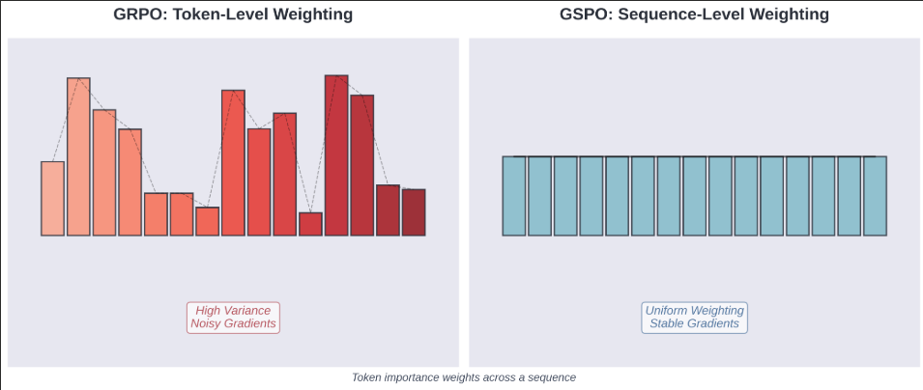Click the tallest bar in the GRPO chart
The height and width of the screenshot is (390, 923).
point(336,154)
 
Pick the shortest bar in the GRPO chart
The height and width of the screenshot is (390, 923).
point(310,224)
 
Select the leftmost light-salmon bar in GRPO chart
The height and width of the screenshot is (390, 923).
point(52,198)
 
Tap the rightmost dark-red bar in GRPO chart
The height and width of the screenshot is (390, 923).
point(414,212)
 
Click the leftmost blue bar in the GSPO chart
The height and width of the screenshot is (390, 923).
point(514,196)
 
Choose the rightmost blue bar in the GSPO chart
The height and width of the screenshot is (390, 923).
point(875,196)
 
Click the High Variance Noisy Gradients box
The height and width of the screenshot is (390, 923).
point(233,318)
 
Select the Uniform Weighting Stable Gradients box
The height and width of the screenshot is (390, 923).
point(695,318)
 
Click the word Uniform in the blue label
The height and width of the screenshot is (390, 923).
point(669,311)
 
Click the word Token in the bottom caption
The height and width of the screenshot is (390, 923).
point(367,377)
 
